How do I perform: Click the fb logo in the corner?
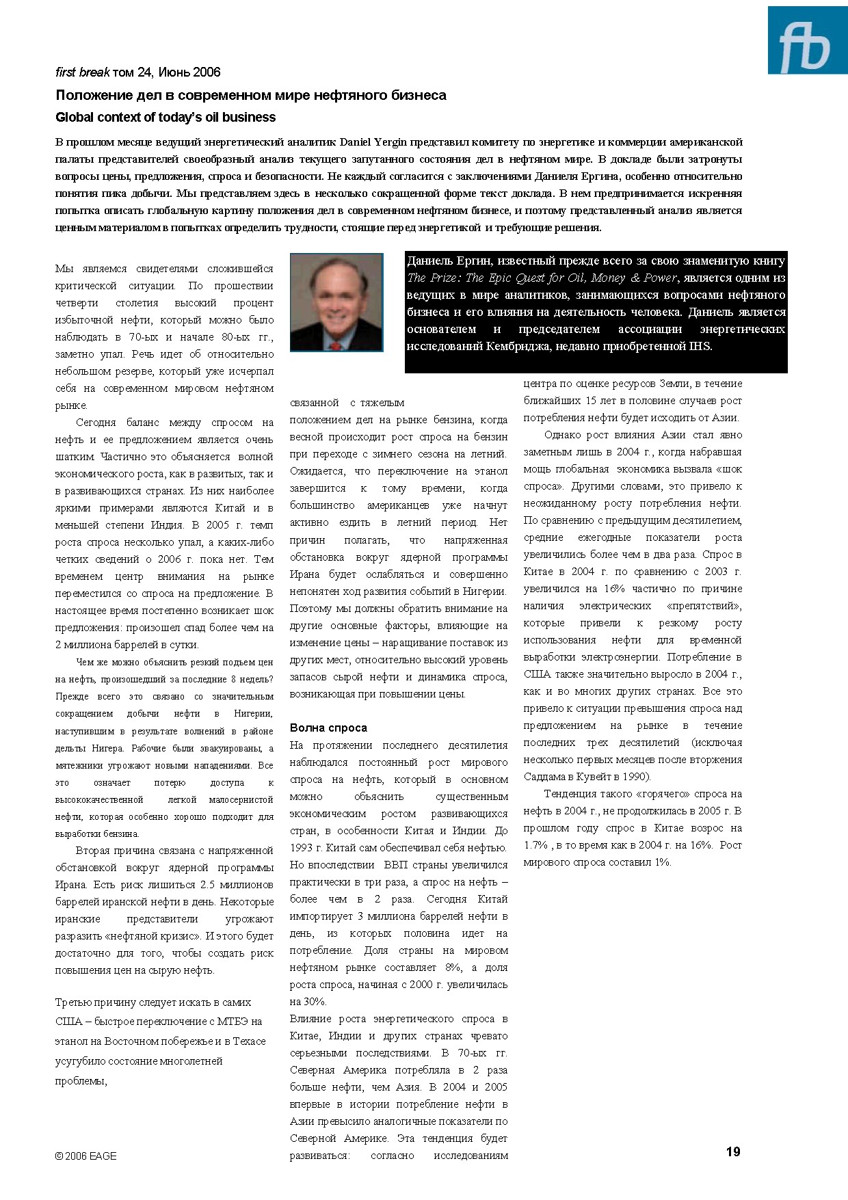(807, 40)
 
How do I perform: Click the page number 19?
(732, 1152)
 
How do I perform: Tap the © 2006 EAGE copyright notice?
(86, 1156)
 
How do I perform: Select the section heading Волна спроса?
(328, 728)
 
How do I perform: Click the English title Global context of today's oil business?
(165, 117)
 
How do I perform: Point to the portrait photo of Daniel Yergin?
(336, 302)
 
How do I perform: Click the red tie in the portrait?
(335, 345)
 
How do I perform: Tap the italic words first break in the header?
(82, 72)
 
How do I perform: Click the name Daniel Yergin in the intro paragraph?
(373, 142)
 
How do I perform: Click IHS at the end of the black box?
(700, 346)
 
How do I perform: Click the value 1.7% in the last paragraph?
(536, 845)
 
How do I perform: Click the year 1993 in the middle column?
(301, 848)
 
